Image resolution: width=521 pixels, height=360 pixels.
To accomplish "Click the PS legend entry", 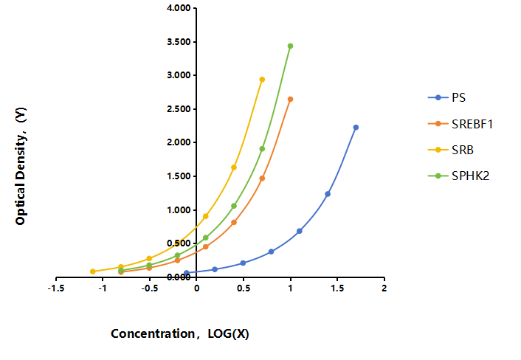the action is point(446,97).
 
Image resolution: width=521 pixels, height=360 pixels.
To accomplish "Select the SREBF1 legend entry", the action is point(460,124).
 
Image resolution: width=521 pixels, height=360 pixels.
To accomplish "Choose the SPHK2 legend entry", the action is point(458,176).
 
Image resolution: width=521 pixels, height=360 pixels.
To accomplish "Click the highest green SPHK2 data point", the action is point(291,46).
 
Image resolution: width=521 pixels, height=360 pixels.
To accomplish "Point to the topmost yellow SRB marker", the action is point(262,80).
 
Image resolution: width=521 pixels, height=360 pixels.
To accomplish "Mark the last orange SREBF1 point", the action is point(291,99).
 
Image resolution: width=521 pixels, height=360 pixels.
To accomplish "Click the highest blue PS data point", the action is point(356,127).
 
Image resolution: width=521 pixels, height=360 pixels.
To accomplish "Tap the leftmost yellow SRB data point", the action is point(93,271).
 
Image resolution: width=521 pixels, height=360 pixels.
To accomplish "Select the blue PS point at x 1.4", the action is point(328,194).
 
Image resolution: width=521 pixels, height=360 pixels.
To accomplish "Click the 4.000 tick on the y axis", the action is point(179,7).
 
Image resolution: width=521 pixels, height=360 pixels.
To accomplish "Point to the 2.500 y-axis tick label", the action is point(179,109).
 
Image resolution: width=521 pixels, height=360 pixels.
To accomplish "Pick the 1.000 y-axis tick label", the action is point(179,210).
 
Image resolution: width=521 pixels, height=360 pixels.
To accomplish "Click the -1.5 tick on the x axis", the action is point(56,288).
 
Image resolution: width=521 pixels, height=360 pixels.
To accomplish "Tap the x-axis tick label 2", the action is point(384,288).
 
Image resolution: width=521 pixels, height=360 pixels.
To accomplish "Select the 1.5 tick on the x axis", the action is point(337,288).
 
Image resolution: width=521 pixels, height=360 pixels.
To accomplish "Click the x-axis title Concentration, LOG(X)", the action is point(180,333).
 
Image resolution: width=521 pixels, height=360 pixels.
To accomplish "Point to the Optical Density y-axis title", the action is point(21,166).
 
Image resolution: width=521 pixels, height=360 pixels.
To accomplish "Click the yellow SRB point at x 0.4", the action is point(234,167).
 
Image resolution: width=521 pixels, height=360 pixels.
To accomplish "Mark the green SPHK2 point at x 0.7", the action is point(262,149).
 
